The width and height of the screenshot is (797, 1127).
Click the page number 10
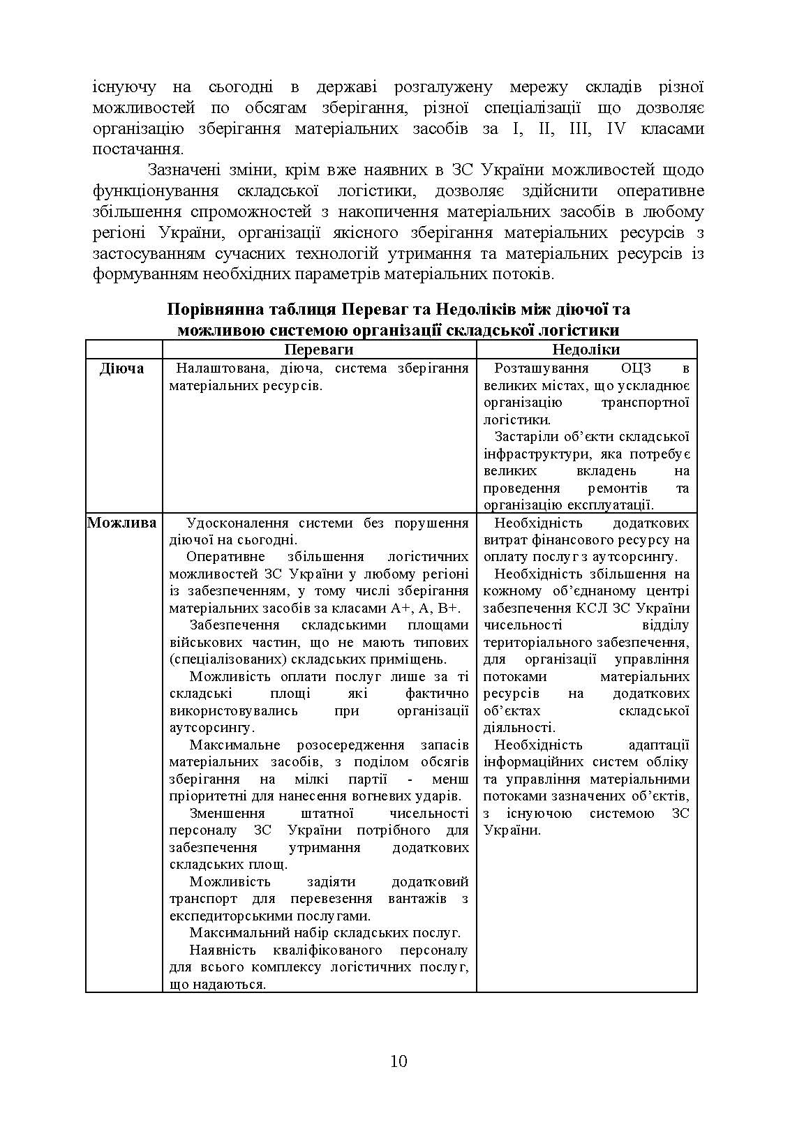[x=398, y=1062]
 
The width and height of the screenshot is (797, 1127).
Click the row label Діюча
[x=122, y=368]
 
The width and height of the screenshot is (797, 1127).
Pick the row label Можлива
[x=122, y=523]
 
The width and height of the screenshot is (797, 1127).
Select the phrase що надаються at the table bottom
[x=217, y=985]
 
